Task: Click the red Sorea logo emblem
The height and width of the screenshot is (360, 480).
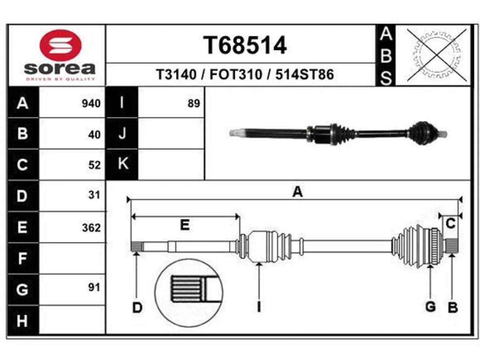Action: pos(60,45)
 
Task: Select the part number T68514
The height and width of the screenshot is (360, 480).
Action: pos(245,45)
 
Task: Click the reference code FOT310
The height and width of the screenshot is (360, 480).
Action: pos(236,74)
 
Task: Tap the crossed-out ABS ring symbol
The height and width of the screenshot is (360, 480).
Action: pos(437,55)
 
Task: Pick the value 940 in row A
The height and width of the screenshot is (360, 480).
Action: pos(91,103)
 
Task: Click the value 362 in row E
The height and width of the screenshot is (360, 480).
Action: pos(91,228)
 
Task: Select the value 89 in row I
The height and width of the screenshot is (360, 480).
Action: pos(193,103)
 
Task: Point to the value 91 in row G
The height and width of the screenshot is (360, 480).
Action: pos(94,287)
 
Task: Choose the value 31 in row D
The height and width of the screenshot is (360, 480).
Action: pos(94,195)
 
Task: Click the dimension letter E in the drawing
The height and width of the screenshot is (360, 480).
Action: pos(185,225)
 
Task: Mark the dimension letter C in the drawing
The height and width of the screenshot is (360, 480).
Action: pos(450,223)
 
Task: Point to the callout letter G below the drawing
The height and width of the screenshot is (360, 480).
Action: pos(430,307)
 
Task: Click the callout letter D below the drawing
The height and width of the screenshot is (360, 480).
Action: pos(137,307)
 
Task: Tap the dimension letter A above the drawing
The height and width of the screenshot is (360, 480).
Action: pos(298,192)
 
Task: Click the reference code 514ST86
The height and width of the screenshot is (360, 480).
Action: pos(304,74)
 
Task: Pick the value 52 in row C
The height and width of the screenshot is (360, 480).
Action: pos(94,165)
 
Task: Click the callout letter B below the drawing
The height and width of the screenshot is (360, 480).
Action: pos(453,307)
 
